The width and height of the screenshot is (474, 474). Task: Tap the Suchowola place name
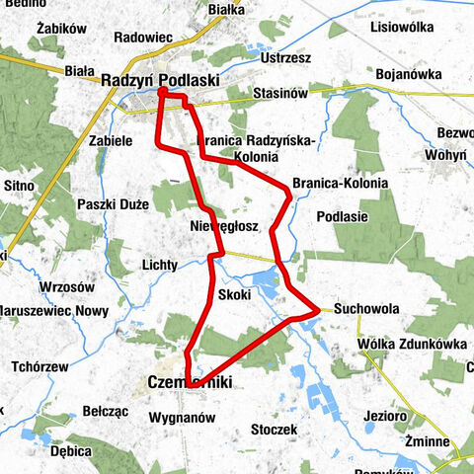[366, 309]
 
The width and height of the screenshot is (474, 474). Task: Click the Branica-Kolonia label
[341, 184]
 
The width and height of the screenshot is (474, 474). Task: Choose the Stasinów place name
[280, 92]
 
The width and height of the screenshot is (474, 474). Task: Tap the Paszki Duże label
[113, 204]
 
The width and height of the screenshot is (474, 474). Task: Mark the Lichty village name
[159, 266]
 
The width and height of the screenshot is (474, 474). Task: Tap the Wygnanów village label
[180, 418]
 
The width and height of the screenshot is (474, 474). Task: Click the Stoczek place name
[275, 430]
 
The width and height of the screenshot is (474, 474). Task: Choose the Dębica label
[71, 450]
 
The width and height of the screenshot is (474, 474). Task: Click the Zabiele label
[111, 141]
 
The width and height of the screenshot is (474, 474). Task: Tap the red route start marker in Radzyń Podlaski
[162, 94]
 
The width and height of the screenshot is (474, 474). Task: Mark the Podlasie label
[343, 215]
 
